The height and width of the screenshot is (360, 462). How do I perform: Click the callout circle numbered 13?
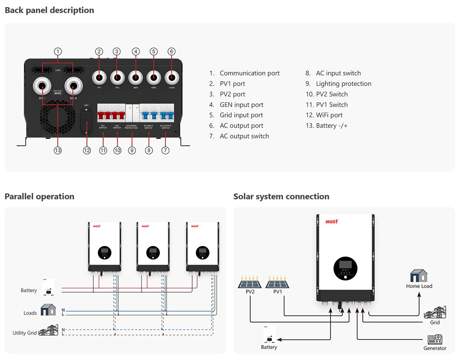[58, 151]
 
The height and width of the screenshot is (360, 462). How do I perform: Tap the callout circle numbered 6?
[172, 52]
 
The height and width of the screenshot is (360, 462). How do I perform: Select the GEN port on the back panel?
[136, 77]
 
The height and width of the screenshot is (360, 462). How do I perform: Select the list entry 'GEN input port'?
[241, 105]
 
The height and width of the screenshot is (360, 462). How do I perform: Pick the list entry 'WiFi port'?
[329, 115]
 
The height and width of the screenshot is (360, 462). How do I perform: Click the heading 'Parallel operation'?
[39, 197]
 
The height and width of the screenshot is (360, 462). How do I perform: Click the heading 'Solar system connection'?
[281, 197]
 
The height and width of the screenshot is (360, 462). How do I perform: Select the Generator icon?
[435, 339]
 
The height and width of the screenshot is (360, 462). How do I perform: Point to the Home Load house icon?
[419, 276]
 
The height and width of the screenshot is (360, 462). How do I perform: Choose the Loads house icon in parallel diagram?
[49, 310]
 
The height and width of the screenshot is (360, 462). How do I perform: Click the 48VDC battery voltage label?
[58, 93]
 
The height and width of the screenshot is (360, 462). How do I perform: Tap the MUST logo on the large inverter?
[331, 222]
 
